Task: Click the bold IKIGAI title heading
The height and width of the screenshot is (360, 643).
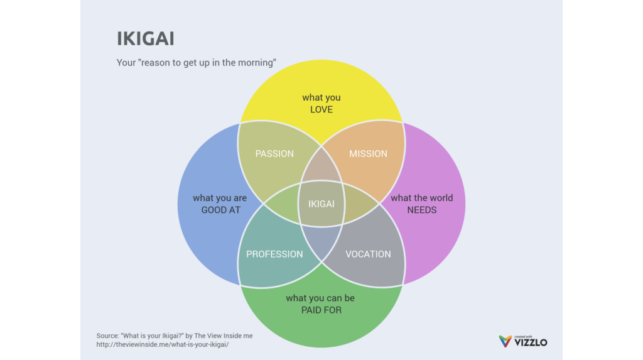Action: pyautogui.click(x=146, y=39)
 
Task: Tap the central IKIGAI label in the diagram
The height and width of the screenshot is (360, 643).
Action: pyautogui.click(x=321, y=204)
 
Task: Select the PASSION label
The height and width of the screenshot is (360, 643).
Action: pyautogui.click(x=274, y=154)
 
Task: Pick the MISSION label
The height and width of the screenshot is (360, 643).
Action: pyautogui.click(x=368, y=154)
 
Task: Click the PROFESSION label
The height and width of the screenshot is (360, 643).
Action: pyautogui.click(x=274, y=254)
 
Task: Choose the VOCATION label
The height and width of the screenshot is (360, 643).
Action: pyautogui.click(x=368, y=254)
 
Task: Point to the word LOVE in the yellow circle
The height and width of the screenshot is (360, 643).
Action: pyautogui.click(x=321, y=110)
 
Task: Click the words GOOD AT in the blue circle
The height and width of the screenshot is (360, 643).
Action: pyautogui.click(x=221, y=210)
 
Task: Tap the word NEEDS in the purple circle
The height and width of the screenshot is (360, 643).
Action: pyautogui.click(x=422, y=210)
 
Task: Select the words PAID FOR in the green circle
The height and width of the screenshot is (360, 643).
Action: pyautogui.click(x=321, y=310)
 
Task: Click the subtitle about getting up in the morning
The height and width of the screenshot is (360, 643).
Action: pyautogui.click(x=197, y=63)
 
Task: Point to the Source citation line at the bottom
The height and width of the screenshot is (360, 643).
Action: pyautogui.click(x=175, y=336)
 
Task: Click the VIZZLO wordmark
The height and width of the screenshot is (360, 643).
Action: pyautogui.click(x=531, y=343)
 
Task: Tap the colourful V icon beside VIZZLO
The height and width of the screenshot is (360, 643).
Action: pyautogui.click(x=505, y=341)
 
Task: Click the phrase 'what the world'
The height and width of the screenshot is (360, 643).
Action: pyautogui.click(x=422, y=198)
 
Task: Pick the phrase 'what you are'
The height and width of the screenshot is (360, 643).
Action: pyautogui.click(x=220, y=198)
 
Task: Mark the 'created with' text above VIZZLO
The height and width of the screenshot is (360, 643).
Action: pyautogui.click(x=523, y=336)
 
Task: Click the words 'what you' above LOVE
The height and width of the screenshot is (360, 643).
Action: pyautogui.click(x=321, y=97)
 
